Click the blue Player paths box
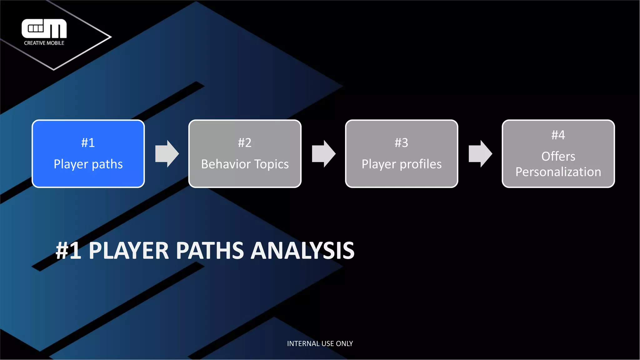[88, 153]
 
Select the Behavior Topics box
[245, 153]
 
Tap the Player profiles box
[402, 153]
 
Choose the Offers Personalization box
[558, 153]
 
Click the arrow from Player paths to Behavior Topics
[167, 154]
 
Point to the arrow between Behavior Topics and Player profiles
[324, 154]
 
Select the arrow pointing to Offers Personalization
[480, 154]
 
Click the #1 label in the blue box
[88, 143]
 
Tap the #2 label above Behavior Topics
[245, 143]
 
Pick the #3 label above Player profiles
[402, 143]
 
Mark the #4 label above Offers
[558, 135]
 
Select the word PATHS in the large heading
[210, 250]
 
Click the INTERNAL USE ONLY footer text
[320, 343]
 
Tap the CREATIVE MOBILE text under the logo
[44, 43]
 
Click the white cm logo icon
[44, 28]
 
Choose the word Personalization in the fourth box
[558, 172]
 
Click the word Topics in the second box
[272, 164]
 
